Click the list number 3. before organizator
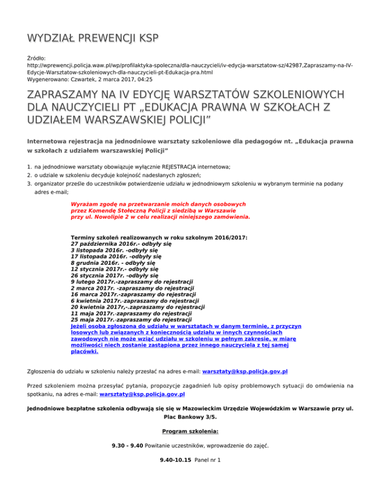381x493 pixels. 30,184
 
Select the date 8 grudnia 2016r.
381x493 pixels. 95,263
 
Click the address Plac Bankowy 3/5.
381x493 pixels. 190,418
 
